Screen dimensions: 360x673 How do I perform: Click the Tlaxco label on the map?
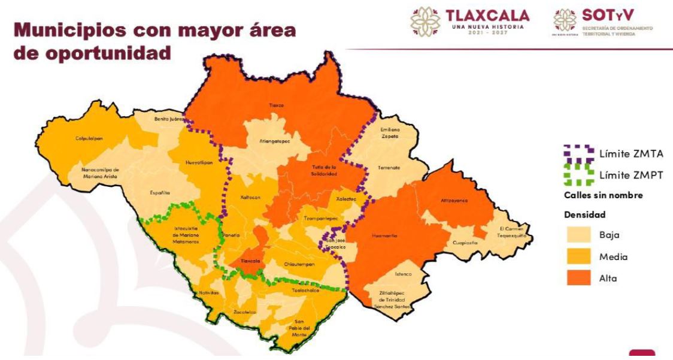coord(277,105)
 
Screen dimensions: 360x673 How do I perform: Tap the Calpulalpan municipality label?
coord(90,138)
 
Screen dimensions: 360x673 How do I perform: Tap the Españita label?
coord(160,193)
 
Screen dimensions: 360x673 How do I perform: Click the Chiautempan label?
coord(299,264)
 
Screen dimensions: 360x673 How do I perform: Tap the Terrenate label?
coord(389,168)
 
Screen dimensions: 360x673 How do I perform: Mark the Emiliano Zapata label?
coord(390,132)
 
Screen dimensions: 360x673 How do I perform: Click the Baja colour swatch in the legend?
coord(576,235)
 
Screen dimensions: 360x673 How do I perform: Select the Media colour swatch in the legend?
coord(576,256)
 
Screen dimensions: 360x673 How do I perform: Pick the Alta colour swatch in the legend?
coord(576,278)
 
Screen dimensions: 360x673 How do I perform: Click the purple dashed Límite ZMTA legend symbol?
coord(577,153)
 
